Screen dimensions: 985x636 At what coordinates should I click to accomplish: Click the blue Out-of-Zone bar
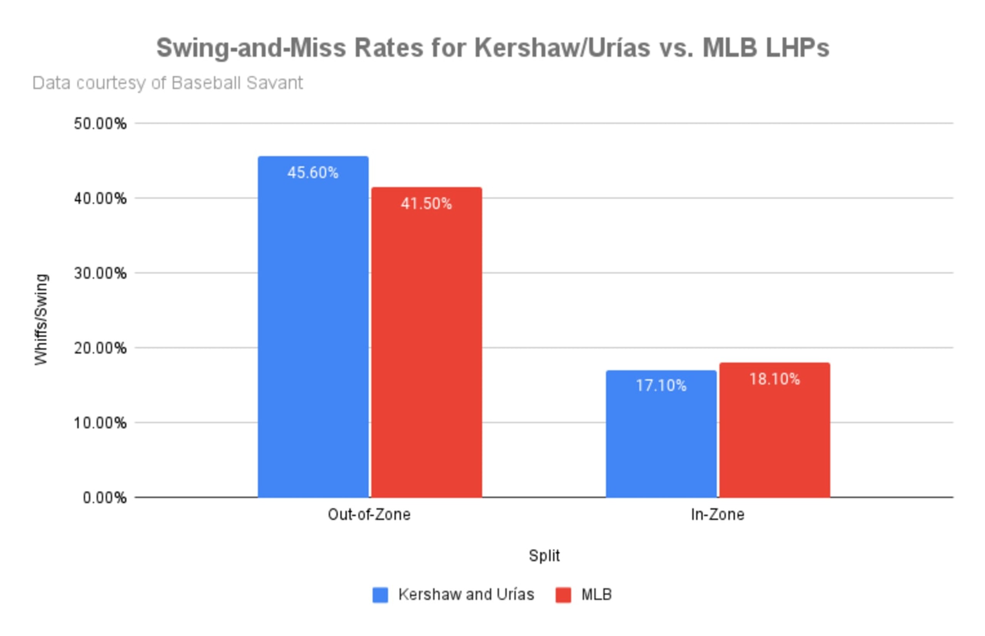(313, 327)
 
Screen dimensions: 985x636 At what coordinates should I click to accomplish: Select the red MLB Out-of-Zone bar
(427, 342)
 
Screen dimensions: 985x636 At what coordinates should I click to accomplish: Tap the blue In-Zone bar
(661, 434)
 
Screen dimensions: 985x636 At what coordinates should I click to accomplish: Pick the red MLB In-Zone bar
(775, 430)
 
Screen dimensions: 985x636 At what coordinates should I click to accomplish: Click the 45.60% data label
(313, 173)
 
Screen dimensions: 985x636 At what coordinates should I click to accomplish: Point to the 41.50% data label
(427, 204)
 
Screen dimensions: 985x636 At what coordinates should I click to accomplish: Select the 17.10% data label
(661, 386)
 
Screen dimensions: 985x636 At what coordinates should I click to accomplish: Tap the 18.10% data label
(775, 379)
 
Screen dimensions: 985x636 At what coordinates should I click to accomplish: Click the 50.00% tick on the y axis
(100, 124)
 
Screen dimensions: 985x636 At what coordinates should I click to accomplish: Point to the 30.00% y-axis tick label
(100, 273)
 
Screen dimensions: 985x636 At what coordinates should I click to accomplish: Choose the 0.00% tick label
(105, 497)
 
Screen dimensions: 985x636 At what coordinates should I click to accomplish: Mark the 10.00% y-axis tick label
(100, 423)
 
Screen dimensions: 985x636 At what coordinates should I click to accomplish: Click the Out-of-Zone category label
(369, 514)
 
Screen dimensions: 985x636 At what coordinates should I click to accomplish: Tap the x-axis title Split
(544, 556)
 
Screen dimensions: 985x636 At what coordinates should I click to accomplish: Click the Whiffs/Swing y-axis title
(41, 319)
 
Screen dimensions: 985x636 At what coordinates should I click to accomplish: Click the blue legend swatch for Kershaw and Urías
(381, 595)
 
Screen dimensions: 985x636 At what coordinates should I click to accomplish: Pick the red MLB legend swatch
(563, 595)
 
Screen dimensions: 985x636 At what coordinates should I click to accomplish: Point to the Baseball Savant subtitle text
(237, 83)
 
